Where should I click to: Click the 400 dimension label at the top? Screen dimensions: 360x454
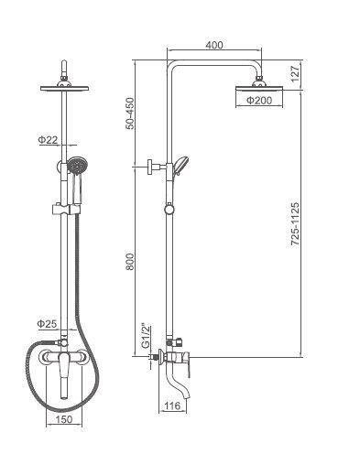coord(214,45)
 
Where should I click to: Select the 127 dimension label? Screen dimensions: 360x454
coord(295,74)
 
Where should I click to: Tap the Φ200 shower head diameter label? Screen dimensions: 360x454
coord(259,100)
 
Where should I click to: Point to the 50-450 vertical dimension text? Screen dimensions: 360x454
coord(130,113)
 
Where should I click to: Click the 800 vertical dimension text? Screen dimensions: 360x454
coord(130,262)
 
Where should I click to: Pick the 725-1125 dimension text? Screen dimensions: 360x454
coord(295,224)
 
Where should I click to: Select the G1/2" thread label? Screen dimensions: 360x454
coord(146,335)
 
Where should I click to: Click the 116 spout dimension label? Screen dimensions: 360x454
coord(173,405)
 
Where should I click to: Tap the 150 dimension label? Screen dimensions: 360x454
coord(64,419)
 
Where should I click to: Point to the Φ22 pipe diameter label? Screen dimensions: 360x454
coord(48,140)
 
